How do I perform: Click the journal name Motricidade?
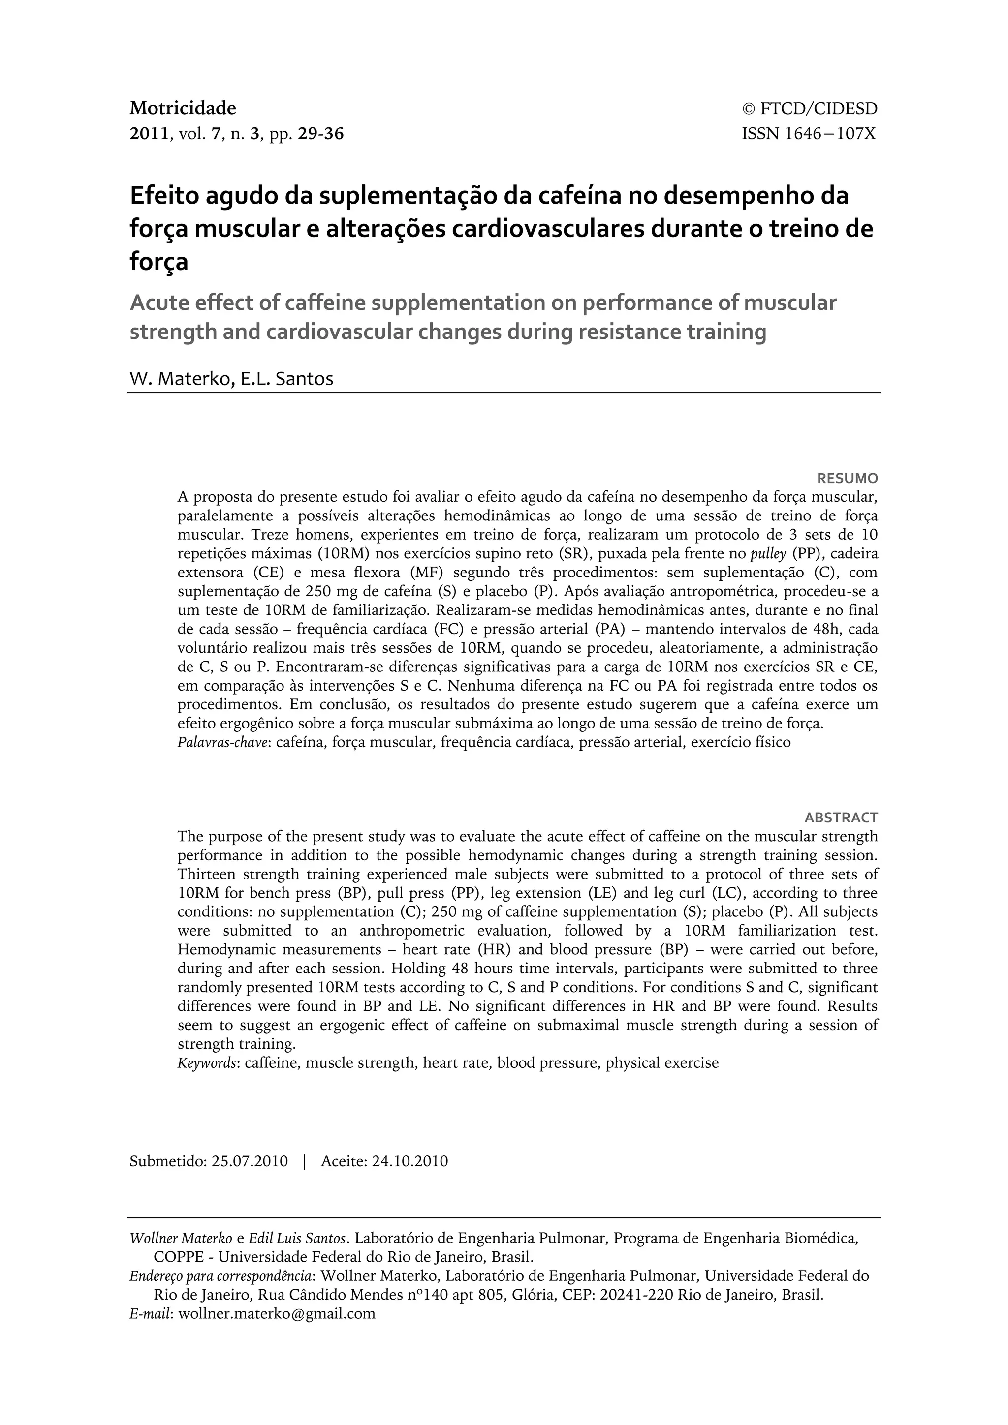183,108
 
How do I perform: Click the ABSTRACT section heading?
841,817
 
